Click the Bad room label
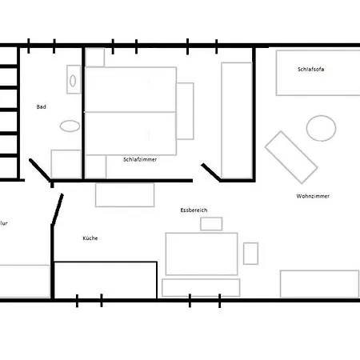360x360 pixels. pos(42,107)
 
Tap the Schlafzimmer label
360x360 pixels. pos(140,159)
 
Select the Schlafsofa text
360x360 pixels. pos(311,70)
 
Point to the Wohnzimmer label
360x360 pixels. pos(313,196)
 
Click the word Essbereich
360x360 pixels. pos(194,210)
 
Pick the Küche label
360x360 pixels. pos(90,238)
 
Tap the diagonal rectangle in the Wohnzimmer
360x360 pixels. pos(291,158)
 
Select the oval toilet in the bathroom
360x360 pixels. pos(70,126)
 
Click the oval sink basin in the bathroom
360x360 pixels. pos(73,81)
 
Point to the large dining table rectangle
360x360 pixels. pos(202,254)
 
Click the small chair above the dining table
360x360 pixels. pos(211,224)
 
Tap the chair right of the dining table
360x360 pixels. pos(250,254)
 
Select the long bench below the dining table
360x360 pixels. pos(201,288)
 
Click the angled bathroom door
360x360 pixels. pos(40,170)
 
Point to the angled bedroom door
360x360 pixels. pos(210,172)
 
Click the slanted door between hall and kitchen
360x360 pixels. pos(58,210)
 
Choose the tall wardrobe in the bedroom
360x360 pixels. pos(237,120)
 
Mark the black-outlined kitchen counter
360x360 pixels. pos(106,280)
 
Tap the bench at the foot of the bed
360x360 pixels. pos(185,111)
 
